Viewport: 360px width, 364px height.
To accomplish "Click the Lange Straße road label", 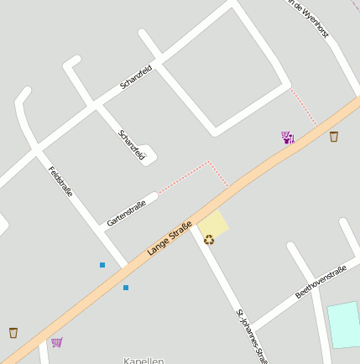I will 170,238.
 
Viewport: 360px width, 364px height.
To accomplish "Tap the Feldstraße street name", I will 60,181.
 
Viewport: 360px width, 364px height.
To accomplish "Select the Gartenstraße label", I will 126,213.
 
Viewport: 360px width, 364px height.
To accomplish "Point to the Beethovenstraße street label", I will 321,282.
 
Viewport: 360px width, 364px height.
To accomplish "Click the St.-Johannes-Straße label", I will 252,335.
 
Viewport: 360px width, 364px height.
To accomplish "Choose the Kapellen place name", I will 143,360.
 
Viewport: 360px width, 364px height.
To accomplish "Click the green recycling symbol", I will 209,240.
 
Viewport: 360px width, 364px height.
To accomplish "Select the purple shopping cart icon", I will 56,342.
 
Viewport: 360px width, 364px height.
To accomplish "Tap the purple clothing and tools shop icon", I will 288,137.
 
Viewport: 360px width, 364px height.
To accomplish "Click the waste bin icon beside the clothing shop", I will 334,136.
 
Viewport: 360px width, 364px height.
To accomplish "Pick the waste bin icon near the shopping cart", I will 13,332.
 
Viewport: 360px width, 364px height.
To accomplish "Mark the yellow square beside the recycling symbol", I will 214,223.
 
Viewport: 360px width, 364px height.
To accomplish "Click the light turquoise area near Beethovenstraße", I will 344,324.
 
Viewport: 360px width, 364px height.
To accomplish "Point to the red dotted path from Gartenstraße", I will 185,176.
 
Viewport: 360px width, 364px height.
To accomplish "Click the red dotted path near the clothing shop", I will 303,107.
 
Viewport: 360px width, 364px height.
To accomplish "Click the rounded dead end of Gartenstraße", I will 153,198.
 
